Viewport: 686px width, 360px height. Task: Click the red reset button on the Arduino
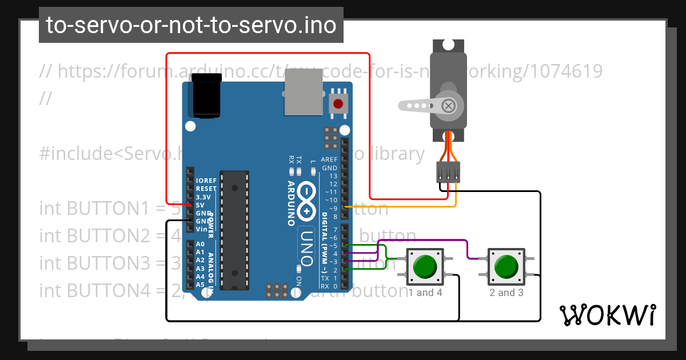tap(338, 104)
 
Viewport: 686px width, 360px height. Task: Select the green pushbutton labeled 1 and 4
tap(424, 266)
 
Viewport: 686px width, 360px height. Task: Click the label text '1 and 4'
tap(425, 293)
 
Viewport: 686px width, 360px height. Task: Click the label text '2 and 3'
tap(506, 293)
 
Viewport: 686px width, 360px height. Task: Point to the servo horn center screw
tap(449, 106)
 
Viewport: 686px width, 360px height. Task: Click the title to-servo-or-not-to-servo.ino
tap(191, 25)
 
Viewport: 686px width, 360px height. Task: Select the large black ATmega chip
tap(235, 229)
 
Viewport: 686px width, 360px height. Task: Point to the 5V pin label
tap(200, 205)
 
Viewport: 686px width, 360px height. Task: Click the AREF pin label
tap(329, 160)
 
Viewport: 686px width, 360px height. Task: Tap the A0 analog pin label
tap(200, 244)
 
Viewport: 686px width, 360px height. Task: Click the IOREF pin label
tap(206, 180)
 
